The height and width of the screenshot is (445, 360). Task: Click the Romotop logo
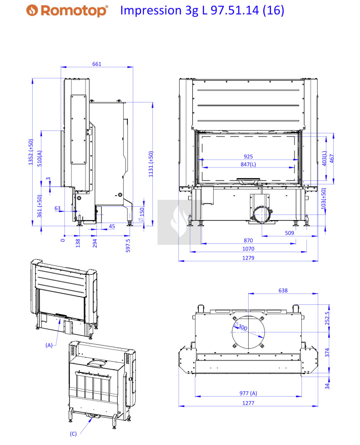point(67,11)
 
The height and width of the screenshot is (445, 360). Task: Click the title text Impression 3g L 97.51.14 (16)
point(202,10)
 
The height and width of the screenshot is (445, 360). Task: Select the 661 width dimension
point(97,64)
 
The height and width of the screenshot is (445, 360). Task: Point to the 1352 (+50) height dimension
point(31,152)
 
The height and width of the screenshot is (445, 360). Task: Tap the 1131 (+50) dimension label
point(151,164)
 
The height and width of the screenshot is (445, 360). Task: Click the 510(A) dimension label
point(39,158)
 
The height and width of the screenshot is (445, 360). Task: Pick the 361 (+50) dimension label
point(39,206)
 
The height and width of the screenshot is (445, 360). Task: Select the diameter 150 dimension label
point(142,214)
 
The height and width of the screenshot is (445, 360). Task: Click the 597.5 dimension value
point(128,245)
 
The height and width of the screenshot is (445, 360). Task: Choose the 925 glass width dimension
point(248,157)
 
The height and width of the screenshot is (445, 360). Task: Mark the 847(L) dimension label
point(248,164)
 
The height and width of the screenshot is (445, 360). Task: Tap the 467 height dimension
point(332,159)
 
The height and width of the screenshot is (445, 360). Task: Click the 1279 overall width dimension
point(248,258)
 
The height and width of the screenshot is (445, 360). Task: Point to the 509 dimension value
point(289,233)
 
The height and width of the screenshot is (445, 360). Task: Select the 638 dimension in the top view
point(283,291)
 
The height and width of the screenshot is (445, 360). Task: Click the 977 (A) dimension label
point(248,393)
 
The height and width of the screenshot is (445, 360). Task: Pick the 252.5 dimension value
point(327,318)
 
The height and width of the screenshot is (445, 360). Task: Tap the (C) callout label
point(73,434)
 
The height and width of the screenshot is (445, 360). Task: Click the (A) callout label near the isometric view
point(49,345)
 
